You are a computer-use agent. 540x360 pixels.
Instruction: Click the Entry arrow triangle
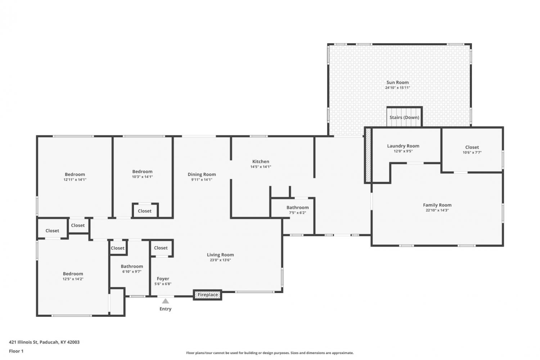coord(165,301)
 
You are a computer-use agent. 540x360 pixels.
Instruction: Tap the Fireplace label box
coord(208,294)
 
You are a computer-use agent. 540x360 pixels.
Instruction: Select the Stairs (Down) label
coord(404,117)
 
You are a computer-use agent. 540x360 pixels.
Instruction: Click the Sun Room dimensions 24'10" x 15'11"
coord(397,87)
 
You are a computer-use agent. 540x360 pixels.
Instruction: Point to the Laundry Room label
coord(403,146)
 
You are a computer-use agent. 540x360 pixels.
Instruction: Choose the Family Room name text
coord(437,205)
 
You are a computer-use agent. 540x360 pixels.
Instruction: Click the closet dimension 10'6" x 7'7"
coord(472,152)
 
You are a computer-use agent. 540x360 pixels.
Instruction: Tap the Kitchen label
coord(261,162)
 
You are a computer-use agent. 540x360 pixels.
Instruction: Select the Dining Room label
coord(202,174)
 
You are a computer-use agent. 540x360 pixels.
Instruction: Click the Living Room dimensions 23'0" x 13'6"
coord(220,260)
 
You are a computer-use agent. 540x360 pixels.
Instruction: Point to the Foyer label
coord(163,279)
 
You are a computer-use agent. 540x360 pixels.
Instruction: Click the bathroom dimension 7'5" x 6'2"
coord(297,213)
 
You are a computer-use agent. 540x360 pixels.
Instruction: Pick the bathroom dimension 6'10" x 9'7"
coord(132,271)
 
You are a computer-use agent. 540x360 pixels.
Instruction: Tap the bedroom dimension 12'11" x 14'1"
coord(75,180)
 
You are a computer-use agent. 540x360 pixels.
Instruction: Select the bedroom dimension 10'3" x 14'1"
coord(142,177)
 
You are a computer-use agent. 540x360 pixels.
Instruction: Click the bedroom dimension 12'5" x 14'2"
coord(73,279)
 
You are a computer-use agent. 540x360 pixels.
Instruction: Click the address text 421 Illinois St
coord(23,342)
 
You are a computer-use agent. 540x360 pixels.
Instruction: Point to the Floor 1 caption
coord(16,351)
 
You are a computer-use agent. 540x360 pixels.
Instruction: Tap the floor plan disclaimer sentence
coord(270,353)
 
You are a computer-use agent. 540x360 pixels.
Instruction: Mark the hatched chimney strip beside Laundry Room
coord(368,155)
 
